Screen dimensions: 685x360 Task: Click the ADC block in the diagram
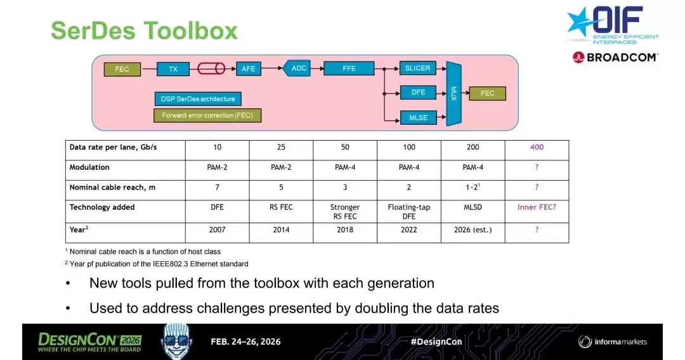click(x=297, y=68)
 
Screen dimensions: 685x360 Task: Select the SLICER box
click(x=417, y=68)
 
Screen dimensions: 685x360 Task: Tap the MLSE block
click(x=418, y=117)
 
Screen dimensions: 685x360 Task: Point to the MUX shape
click(x=453, y=93)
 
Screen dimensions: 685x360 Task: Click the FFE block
click(x=349, y=68)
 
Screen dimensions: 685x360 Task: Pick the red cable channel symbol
click(x=211, y=68)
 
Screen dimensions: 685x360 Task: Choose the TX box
click(x=173, y=69)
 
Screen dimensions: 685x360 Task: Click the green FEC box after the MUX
click(x=488, y=93)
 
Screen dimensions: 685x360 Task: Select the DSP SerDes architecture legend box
click(x=198, y=99)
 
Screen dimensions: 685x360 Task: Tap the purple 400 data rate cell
click(x=537, y=147)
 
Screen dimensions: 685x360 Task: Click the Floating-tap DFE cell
click(x=409, y=212)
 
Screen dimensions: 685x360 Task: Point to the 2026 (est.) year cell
click(x=473, y=229)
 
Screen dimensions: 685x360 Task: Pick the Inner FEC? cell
click(x=537, y=207)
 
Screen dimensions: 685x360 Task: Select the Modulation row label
click(x=89, y=167)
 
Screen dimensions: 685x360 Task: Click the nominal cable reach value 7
click(x=217, y=187)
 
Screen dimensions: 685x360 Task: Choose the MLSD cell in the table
click(x=473, y=207)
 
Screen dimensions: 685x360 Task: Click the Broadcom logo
click(x=615, y=57)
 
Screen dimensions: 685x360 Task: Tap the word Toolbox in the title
click(x=190, y=30)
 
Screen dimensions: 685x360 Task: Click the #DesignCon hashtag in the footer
click(x=436, y=342)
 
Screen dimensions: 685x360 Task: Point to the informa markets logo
click(x=613, y=342)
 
